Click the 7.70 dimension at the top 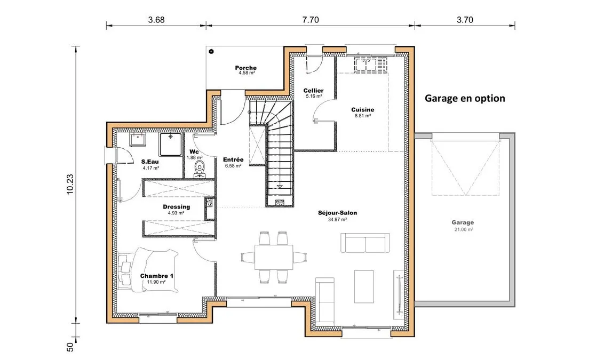[x=311, y=20]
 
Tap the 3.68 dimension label [x=156, y=20]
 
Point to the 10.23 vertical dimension [x=70, y=185]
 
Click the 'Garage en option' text [x=465, y=99]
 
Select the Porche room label [x=246, y=68]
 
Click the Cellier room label [x=314, y=91]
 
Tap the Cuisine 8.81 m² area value [x=362, y=116]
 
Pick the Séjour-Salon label [x=337, y=213]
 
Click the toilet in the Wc [x=199, y=170]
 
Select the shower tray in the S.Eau [x=170, y=145]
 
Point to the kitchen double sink [x=365, y=65]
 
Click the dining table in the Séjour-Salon [x=274, y=257]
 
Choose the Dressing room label [x=177, y=207]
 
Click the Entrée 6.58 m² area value [x=233, y=166]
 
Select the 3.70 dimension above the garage [x=465, y=20]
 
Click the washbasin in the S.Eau [x=138, y=139]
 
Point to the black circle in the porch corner [x=211, y=51]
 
